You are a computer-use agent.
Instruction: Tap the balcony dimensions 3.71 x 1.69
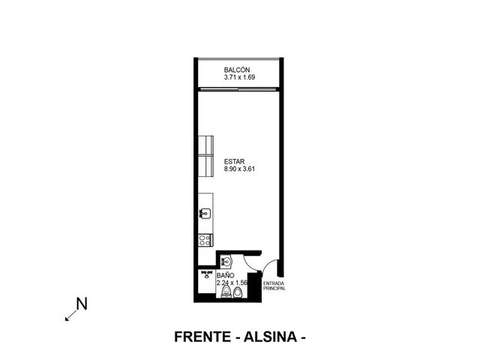coord(239,77)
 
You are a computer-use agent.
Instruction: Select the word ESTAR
coord(234,162)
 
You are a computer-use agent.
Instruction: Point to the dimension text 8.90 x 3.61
coord(239,169)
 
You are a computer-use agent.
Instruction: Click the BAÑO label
coord(225,275)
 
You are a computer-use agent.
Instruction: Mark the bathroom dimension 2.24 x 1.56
coord(232,283)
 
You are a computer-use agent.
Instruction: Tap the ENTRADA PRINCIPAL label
coord(274,286)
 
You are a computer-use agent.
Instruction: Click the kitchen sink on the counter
coord(205,213)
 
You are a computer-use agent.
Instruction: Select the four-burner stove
coord(205,240)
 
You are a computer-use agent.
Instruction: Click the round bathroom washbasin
coord(226,261)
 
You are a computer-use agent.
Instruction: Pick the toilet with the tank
coord(226,292)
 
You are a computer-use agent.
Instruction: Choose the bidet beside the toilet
coord(238,293)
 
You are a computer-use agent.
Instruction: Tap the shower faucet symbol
coord(207,274)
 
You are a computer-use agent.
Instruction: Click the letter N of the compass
coord(82,304)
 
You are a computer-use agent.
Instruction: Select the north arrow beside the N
coord(70,316)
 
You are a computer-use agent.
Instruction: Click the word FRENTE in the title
coord(202,337)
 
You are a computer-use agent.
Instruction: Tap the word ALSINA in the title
coord(270,337)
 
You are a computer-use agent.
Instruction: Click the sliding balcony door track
coord(238,89)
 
